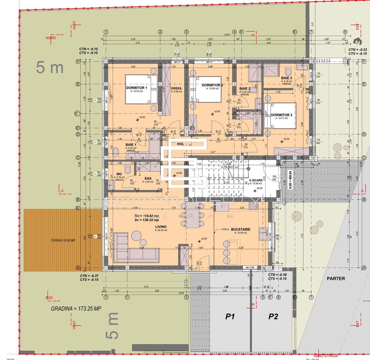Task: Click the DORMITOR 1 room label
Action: click(136, 88)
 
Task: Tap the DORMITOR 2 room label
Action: click(212, 85)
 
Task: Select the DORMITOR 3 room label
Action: click(282, 115)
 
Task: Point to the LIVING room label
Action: click(160, 227)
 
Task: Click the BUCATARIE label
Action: click(240, 229)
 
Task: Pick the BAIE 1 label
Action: click(130, 144)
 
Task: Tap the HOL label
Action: click(180, 144)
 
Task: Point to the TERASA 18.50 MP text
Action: click(63, 240)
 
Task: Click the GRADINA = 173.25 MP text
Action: click(76, 309)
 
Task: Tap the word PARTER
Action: click(336, 278)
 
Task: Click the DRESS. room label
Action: click(176, 89)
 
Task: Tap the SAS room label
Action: click(148, 178)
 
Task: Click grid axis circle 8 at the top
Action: click(345, 32)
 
